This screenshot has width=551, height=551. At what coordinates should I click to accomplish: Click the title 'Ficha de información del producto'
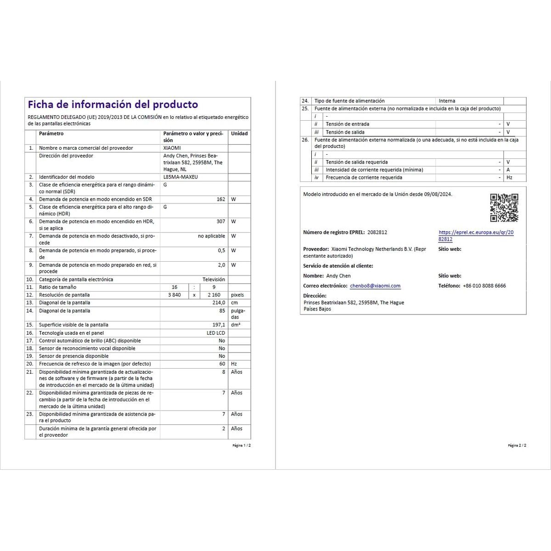(113, 105)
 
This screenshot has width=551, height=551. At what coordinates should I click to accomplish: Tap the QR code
(504, 208)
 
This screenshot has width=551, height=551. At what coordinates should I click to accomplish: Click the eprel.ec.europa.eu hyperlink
(476, 236)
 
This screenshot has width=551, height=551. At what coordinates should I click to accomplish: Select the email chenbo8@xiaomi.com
(375, 286)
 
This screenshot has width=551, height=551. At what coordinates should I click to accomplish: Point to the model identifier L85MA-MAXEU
(180, 177)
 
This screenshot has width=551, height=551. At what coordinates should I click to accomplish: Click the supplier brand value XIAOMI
(172, 148)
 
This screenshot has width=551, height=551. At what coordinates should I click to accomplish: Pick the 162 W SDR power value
(220, 199)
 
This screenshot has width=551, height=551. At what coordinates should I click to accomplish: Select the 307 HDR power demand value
(220, 221)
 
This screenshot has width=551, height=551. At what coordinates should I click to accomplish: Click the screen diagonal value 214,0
(219, 303)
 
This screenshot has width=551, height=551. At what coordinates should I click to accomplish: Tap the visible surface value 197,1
(219, 325)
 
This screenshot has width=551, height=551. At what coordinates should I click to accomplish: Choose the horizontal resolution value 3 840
(174, 295)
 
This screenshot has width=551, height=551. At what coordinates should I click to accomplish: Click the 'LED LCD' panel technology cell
(216, 333)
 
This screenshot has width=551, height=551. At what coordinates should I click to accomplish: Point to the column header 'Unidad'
(239, 134)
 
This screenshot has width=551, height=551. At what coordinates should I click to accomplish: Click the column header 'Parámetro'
(51, 134)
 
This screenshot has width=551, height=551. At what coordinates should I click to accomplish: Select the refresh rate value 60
(222, 364)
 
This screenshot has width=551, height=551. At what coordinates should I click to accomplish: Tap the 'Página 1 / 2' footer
(242, 445)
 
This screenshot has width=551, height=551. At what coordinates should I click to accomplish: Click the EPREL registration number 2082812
(377, 232)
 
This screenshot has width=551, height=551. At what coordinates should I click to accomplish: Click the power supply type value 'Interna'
(447, 101)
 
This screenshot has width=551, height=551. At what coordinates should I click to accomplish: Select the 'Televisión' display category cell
(214, 279)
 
